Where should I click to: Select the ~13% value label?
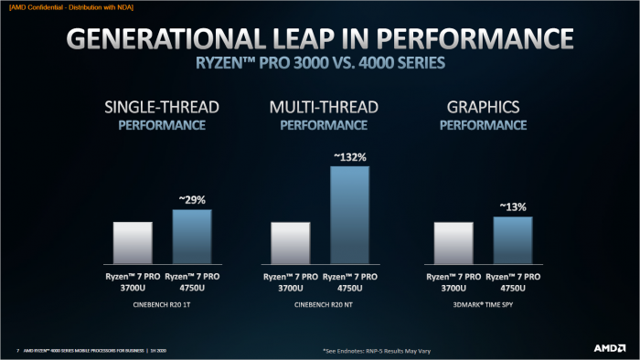coord(511,207)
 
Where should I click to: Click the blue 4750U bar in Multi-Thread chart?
coord(349,214)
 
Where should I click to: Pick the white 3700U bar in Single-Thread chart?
coord(133,241)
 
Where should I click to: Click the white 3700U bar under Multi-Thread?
coord(291,242)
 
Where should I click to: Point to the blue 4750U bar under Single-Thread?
coord(191,236)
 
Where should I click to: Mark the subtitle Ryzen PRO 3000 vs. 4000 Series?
coord(319,65)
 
